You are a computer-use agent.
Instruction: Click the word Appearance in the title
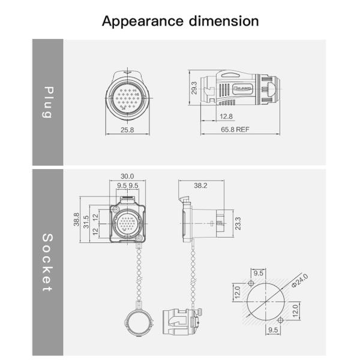click(139, 21)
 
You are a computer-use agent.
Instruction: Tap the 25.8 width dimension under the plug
click(127, 129)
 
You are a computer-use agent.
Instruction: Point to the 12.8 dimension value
click(226, 116)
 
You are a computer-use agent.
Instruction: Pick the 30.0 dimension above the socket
click(127, 176)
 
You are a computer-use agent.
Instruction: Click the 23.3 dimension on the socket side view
click(238, 224)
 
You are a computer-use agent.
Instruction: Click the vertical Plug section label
click(48, 102)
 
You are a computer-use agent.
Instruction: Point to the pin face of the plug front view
click(127, 95)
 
